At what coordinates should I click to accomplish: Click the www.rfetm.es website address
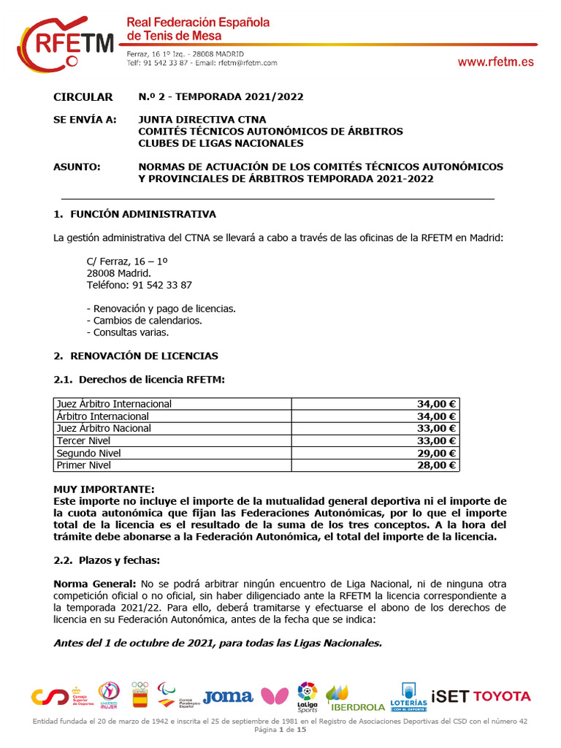(x=495, y=62)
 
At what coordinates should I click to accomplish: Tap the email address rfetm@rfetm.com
(x=248, y=63)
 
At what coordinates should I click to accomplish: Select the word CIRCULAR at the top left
(x=83, y=97)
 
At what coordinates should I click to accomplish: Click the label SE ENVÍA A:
(x=85, y=120)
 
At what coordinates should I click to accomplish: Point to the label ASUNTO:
(x=77, y=167)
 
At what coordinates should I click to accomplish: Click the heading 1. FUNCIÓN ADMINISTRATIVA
(x=134, y=214)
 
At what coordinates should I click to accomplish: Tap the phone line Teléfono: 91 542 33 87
(x=139, y=285)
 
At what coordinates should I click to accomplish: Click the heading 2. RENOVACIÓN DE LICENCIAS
(x=136, y=356)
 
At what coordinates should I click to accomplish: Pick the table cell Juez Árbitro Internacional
(x=114, y=404)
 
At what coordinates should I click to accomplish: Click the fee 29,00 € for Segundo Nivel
(x=436, y=453)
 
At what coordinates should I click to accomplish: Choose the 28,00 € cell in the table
(x=436, y=465)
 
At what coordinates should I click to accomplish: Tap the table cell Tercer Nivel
(x=84, y=440)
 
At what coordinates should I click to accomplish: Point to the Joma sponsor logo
(x=228, y=697)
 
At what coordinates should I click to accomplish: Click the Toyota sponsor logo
(x=503, y=696)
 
